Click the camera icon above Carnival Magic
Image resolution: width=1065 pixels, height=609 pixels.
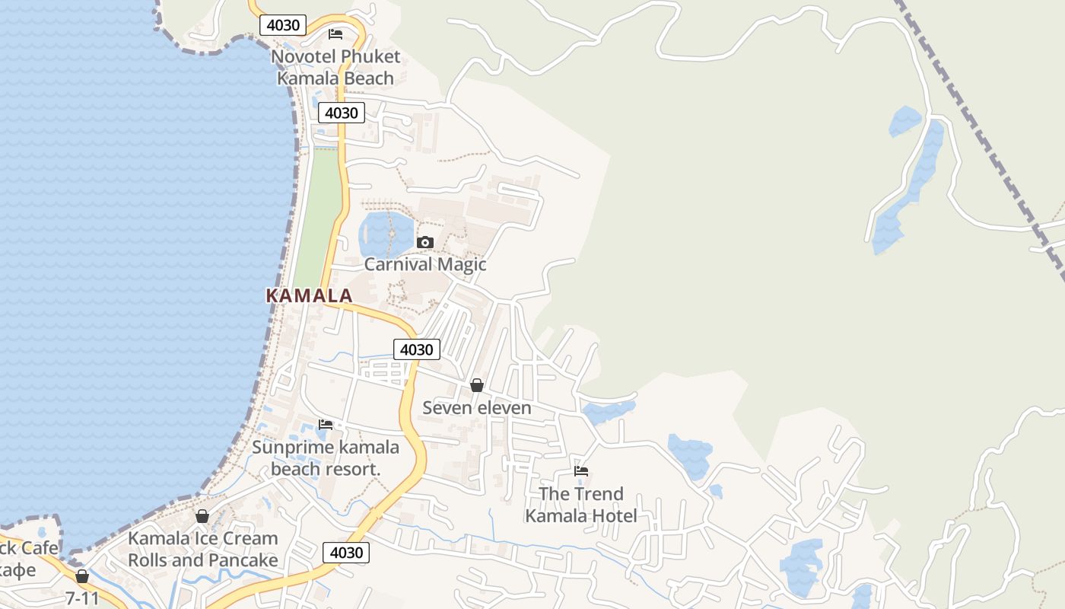[x=425, y=243]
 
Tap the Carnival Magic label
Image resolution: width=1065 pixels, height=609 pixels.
[x=424, y=265]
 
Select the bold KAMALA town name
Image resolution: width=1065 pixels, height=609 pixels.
[x=309, y=296]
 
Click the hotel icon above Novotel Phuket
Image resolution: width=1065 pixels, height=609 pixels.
[x=335, y=34]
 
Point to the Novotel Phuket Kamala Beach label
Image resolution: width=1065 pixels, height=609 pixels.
[x=335, y=67]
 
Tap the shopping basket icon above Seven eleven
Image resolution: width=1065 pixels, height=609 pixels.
[x=477, y=385]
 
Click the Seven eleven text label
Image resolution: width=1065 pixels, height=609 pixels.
[x=477, y=408]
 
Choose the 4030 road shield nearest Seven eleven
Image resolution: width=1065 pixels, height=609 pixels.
[x=416, y=349]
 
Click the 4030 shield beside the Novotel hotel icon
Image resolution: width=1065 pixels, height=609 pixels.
[x=283, y=25]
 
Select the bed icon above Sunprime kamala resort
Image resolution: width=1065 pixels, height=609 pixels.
[x=326, y=424]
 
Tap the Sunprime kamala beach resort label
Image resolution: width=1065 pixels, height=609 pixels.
[x=326, y=458]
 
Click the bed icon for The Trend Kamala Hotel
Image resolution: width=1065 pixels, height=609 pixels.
[x=581, y=471]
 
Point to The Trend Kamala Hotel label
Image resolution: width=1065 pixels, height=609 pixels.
[x=581, y=505]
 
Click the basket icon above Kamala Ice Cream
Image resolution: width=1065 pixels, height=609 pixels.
[x=202, y=516]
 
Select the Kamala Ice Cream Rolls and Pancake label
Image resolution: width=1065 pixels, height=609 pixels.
[x=202, y=549]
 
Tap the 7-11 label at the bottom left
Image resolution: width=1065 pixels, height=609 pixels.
[x=82, y=598]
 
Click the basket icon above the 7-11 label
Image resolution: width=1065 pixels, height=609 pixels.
[x=82, y=576]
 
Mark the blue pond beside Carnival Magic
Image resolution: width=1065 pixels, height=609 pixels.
[x=384, y=234]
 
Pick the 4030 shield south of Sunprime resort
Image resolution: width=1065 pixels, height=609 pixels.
[x=346, y=553]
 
